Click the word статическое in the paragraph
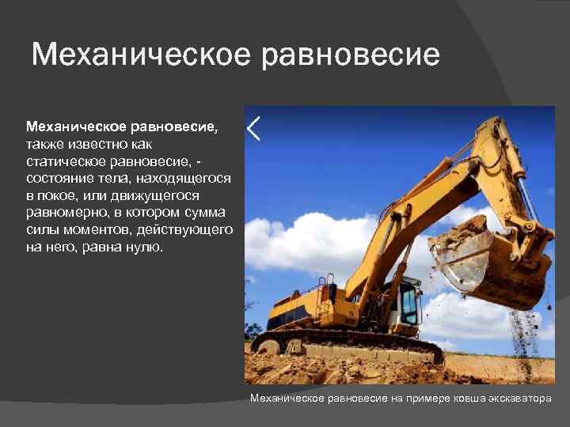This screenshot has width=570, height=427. coord(65,161)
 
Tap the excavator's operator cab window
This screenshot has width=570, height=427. coord(408,304)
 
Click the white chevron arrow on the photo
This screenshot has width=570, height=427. coord(253,128)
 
